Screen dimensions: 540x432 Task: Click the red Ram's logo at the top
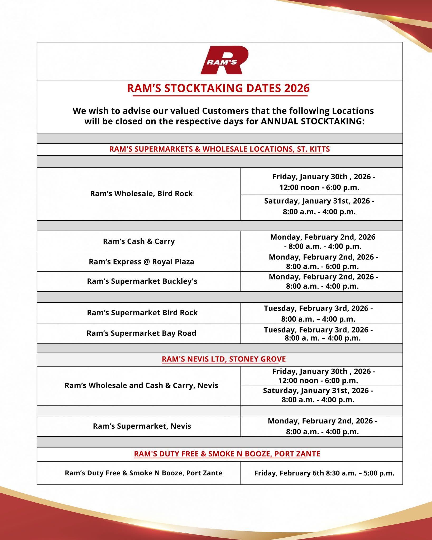tap(224, 60)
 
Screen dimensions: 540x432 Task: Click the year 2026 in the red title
tap(297, 88)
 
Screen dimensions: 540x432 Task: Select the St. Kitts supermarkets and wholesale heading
tap(219, 149)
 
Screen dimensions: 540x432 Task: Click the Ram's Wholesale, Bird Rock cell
tap(141, 194)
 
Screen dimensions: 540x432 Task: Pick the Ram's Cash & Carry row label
tap(139, 242)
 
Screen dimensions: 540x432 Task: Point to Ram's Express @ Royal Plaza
tap(141, 262)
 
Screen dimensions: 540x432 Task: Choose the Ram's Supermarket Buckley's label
tap(142, 281)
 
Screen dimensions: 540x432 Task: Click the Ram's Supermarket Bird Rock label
tap(142, 313)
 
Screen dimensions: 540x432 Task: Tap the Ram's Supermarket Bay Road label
tap(141, 333)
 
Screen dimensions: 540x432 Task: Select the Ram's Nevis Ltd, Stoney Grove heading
tap(224, 359)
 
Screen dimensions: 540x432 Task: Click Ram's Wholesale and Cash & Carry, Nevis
tap(141, 385)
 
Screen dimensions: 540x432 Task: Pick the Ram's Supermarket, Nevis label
tap(142, 426)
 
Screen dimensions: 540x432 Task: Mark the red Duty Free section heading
tap(227, 454)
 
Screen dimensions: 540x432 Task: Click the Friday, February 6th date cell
tap(324, 473)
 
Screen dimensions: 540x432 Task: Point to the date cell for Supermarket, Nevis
tap(322, 426)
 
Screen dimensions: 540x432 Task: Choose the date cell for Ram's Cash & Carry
tap(323, 242)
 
